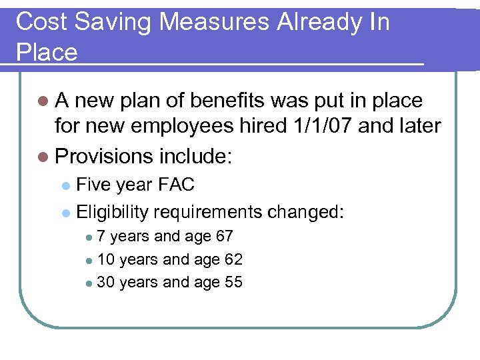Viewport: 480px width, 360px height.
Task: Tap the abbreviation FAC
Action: [175, 184]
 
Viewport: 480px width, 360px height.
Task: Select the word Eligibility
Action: [113, 212]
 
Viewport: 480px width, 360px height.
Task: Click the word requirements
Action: [208, 212]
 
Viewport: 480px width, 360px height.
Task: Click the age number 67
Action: [224, 236]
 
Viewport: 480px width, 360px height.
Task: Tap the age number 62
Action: [233, 259]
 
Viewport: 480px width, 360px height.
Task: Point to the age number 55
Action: [233, 283]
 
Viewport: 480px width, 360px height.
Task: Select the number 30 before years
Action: [105, 283]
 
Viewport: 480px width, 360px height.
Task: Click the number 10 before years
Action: [105, 259]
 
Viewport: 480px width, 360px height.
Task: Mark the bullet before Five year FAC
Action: [65, 185]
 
